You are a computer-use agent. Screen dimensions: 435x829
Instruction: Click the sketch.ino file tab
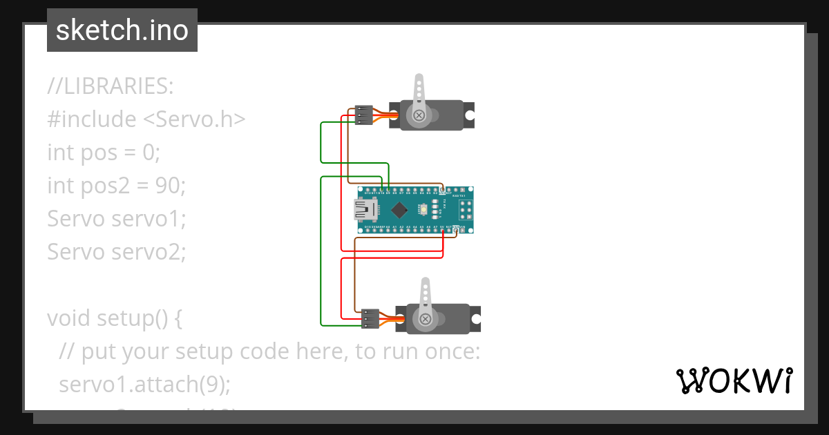click(122, 30)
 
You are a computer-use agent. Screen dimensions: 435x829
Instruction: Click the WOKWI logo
click(734, 380)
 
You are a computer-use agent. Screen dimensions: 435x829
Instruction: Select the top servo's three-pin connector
click(363, 115)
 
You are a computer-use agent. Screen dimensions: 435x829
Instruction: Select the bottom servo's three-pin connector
click(370, 318)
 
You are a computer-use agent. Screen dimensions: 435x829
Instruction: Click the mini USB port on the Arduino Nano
click(364, 209)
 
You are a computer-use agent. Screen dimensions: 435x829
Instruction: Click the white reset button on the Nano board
click(435, 209)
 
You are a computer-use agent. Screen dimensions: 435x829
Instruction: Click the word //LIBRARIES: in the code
click(111, 86)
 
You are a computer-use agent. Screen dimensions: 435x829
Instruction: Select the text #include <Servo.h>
click(146, 119)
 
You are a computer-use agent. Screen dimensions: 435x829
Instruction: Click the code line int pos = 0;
click(104, 153)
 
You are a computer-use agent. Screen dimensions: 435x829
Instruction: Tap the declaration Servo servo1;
click(116, 219)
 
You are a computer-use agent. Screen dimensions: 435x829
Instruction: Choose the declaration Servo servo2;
click(116, 252)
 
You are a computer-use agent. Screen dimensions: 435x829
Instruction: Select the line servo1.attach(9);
click(144, 385)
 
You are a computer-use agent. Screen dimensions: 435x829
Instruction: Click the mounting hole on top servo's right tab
click(470, 115)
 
